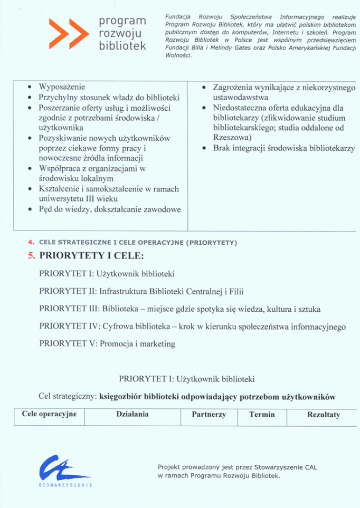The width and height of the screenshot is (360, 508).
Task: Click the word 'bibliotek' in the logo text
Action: pyautogui.click(x=122, y=46)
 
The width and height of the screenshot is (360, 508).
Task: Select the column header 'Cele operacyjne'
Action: pyautogui.click(x=49, y=415)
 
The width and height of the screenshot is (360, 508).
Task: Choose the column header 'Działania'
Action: pyautogui.click(x=132, y=415)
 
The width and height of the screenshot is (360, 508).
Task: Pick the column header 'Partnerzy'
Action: pyautogui.click(x=209, y=415)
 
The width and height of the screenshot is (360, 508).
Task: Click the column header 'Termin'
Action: pyautogui.click(x=262, y=415)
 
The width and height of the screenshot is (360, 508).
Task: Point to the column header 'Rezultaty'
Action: pyautogui.click(x=324, y=415)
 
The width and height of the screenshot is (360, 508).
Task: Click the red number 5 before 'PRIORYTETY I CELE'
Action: pyautogui.click(x=31, y=256)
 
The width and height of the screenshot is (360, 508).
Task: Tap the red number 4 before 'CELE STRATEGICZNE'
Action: pyautogui.click(x=31, y=243)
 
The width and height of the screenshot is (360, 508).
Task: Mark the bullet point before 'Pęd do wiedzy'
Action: pyautogui.click(x=31, y=210)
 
